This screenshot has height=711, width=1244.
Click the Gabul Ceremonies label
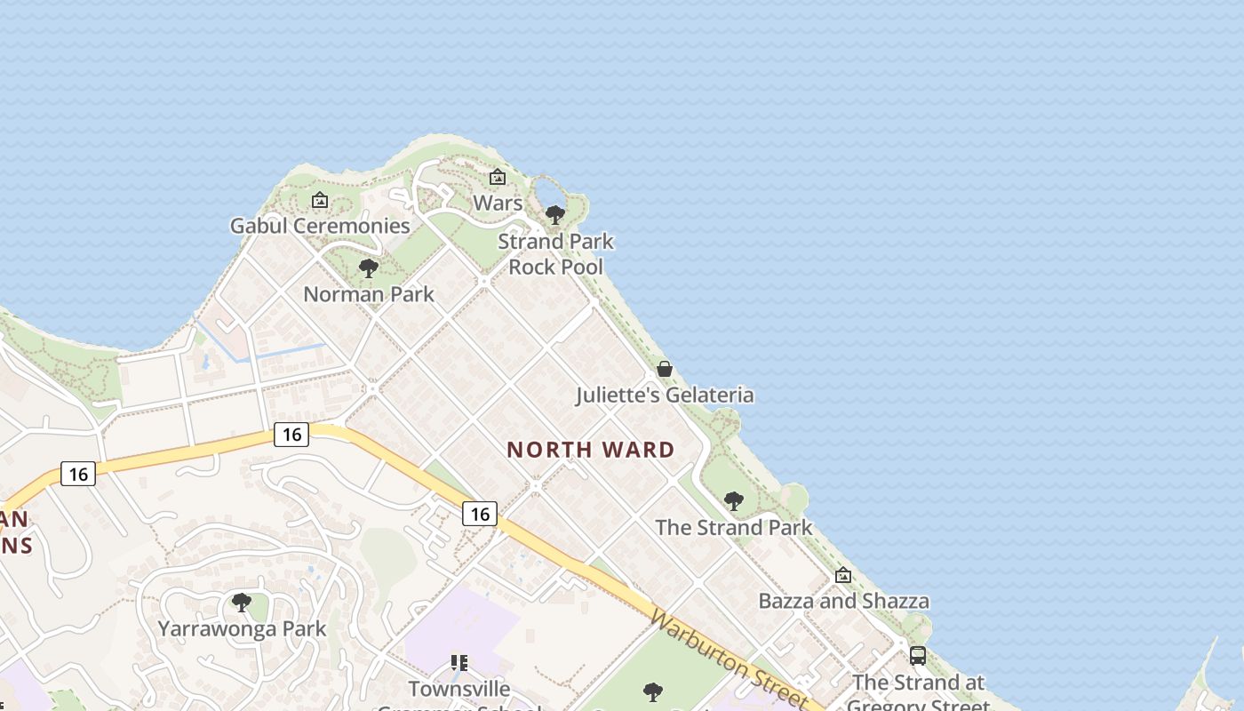pos(320,226)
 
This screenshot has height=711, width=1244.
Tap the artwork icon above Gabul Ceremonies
pos(320,200)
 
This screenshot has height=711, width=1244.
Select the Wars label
pos(498,203)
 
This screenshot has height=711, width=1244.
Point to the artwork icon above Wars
pos(498,177)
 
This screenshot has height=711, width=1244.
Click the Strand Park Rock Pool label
pos(555,253)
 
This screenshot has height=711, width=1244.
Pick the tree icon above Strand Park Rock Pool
pos(555,214)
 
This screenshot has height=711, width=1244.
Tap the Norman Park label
pos(369,294)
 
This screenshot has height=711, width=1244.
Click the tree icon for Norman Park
pos(368,268)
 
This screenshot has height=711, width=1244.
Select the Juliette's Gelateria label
pos(665,395)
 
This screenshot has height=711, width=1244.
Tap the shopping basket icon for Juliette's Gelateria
pos(665,368)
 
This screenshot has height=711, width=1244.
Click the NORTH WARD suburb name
pos(591,450)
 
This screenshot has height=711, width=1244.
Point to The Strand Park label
pos(734,527)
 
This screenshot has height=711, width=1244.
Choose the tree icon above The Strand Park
pos(734,501)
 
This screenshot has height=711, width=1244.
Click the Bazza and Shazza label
pos(843,601)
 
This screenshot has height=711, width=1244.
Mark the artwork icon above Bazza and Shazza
pos(843,575)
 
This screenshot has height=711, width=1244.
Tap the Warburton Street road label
pos(728,659)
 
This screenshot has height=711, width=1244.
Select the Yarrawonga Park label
pos(242,628)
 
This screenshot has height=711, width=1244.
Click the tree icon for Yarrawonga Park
pos(241,603)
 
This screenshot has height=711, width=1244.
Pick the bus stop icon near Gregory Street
pos(918,656)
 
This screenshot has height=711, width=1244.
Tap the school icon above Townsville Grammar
pos(459,662)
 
